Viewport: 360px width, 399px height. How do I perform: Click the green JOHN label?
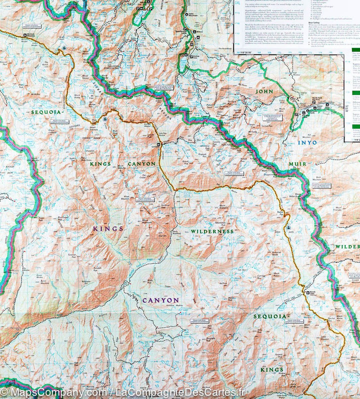point(264,92)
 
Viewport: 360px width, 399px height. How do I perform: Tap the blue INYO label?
point(307,142)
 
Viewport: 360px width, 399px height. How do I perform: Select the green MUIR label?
point(297,163)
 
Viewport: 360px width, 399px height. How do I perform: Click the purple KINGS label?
point(107,228)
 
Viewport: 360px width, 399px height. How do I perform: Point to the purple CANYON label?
point(160,300)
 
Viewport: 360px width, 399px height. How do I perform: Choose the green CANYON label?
point(141,164)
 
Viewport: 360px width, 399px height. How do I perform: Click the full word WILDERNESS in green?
point(211,231)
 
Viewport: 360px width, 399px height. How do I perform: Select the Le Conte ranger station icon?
point(158,145)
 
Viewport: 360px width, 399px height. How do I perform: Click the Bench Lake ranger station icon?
point(306,293)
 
